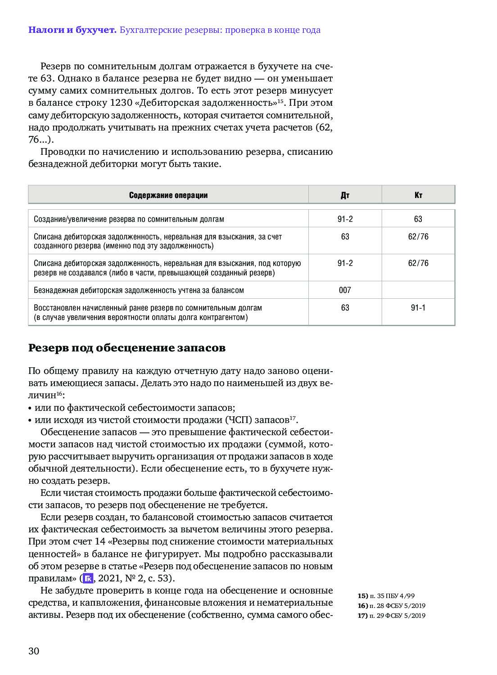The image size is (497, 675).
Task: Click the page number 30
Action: tap(34, 651)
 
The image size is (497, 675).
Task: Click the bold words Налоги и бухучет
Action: tap(72, 30)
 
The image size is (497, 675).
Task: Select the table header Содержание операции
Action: tap(168, 195)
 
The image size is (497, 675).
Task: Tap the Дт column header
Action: tap(345, 195)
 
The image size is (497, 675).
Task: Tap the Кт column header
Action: tap(418, 195)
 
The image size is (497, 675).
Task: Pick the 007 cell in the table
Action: tap(345, 290)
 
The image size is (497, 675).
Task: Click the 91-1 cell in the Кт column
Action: tap(418, 308)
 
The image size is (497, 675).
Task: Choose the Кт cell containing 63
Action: tap(418, 219)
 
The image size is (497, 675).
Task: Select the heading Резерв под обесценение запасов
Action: tap(127, 348)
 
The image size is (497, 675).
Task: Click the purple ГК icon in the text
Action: tap(88, 578)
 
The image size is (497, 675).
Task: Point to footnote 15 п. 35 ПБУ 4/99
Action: tap(386, 596)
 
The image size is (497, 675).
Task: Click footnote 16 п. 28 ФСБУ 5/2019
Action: tap(391, 606)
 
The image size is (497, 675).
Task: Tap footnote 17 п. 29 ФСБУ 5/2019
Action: tap(391, 616)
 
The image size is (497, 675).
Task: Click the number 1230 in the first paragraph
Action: tap(120, 103)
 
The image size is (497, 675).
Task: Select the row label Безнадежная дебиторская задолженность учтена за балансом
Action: tap(139, 290)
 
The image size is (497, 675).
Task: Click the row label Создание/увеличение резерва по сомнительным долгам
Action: tap(129, 219)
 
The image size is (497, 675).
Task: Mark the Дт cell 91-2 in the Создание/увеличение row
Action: tap(345, 219)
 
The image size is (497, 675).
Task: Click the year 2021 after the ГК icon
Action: tap(109, 578)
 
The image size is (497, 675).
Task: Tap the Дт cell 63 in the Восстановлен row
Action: tap(345, 308)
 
